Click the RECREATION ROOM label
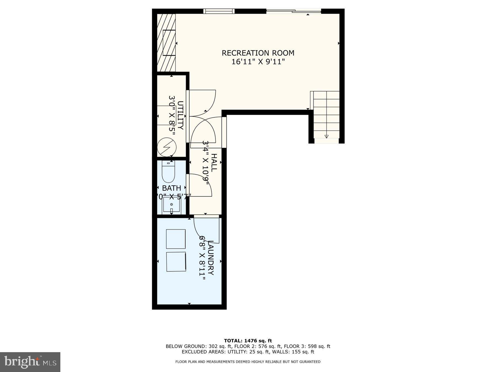pos(258,53)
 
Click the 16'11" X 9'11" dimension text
pos(258,62)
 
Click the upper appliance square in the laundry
pos(176,239)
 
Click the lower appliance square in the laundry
pos(176,262)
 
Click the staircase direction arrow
pos(327,136)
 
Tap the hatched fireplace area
pos(166,43)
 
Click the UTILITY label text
pos(180,115)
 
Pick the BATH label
pos(171,188)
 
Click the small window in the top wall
pos(219,11)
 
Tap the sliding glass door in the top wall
pos(293,11)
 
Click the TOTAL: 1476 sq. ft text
pos(248,341)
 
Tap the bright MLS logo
pos(30,362)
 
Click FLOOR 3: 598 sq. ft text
pos(307,346)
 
